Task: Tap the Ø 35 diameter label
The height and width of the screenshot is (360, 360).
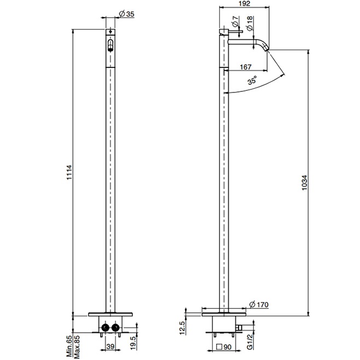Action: pyautogui.click(x=126, y=14)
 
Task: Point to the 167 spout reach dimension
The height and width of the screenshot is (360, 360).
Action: pyautogui.click(x=246, y=67)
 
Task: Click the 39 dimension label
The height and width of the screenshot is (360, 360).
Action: pyautogui.click(x=109, y=347)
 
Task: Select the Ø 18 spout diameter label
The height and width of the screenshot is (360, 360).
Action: pyautogui.click(x=249, y=22)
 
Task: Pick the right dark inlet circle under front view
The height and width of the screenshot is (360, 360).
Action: pyautogui.click(x=116, y=328)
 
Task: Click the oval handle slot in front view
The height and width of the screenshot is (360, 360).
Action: pyautogui.click(x=110, y=45)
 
